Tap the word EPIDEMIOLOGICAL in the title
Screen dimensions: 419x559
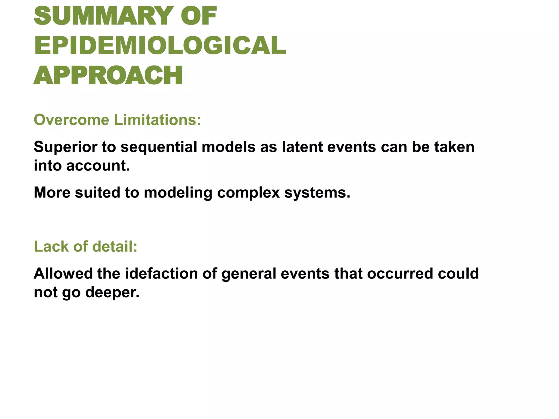pos(160,45)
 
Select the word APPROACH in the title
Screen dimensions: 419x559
pos(108,75)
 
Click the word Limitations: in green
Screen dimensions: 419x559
pos(157,120)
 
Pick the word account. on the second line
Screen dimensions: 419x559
pos(98,166)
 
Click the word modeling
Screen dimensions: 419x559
pos(178,193)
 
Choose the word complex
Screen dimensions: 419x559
pos(248,193)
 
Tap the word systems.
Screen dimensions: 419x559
pos(317,193)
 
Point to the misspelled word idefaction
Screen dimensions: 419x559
pos(161,273)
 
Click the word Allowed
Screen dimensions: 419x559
pos(63,273)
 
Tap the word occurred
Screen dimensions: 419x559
pos(400,273)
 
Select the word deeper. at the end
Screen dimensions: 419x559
pos(112,292)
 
